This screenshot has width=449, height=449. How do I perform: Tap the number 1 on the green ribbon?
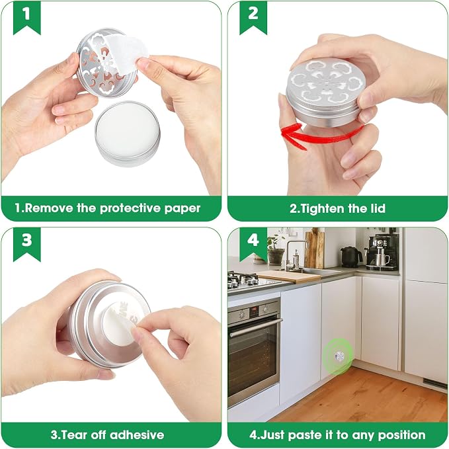pos(26,13)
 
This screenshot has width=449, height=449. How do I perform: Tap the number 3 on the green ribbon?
pos(26,239)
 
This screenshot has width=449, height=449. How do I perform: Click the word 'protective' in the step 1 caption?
pos(130,208)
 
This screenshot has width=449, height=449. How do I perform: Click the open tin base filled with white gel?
pos(128,133)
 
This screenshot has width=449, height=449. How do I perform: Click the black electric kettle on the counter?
pos(350,257)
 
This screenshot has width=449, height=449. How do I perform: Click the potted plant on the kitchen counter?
pos(276,249)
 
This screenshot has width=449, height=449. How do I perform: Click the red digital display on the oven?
pos(254,310)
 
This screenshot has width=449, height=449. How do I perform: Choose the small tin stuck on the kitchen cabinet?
pos(340,356)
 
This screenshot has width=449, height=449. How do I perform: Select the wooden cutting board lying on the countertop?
pos(289,276)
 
